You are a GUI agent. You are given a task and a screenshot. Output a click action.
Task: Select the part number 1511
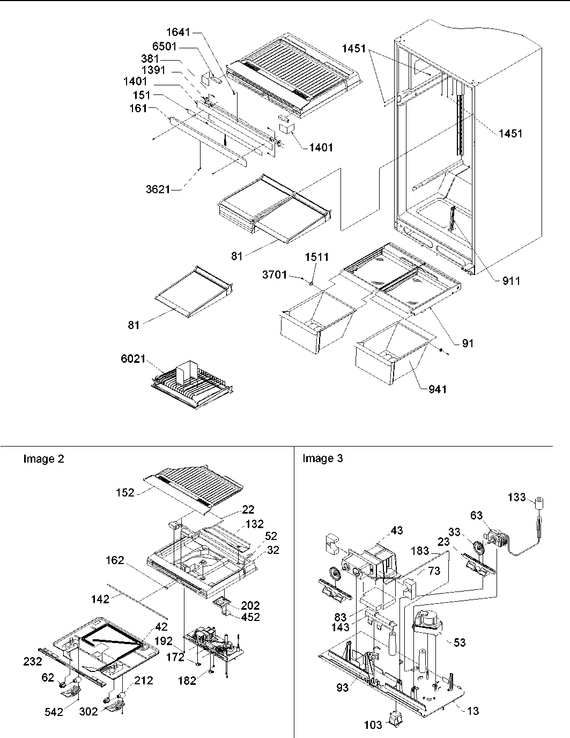point(316,258)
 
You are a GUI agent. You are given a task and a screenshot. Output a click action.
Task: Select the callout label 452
point(250,617)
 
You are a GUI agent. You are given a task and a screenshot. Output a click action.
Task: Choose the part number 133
point(516,497)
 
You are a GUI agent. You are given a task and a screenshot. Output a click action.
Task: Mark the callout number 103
point(373,725)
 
